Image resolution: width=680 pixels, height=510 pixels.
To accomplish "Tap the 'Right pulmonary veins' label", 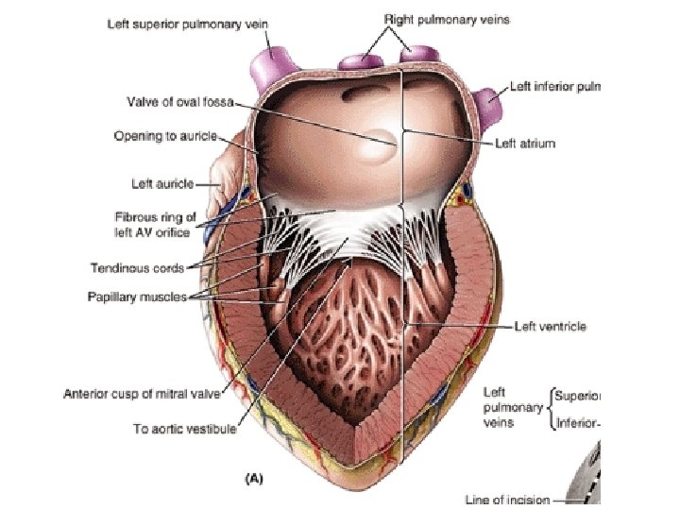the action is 446,19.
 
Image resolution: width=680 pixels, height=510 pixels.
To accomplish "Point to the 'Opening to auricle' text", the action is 165,136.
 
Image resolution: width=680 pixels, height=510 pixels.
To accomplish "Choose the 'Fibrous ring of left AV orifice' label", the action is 151,224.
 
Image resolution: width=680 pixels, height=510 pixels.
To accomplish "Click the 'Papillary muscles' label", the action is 148,297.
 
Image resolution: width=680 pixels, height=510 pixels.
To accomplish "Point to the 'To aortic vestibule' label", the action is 183,428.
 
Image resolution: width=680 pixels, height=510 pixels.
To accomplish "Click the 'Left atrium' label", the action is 525,144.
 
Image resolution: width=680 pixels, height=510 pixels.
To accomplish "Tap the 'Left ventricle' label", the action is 549,327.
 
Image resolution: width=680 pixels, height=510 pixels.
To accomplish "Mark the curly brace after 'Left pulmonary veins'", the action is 550,408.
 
